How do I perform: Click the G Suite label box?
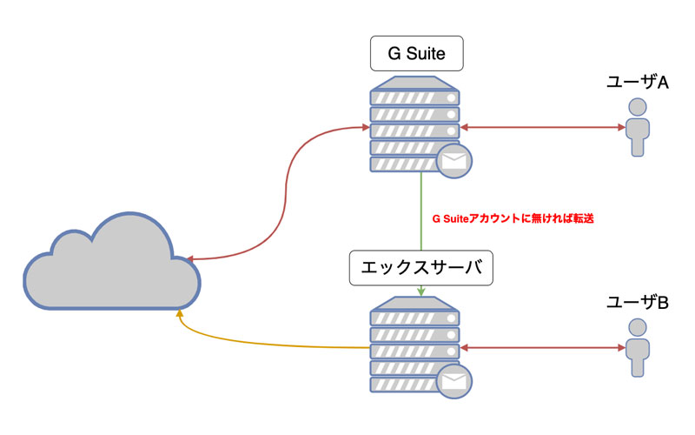click(x=415, y=55)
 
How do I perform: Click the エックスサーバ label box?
click(x=421, y=268)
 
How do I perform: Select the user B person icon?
click(x=638, y=349)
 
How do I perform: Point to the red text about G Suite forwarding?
click(x=512, y=219)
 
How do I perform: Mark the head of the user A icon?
click(x=638, y=106)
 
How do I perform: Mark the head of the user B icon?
click(x=638, y=327)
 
